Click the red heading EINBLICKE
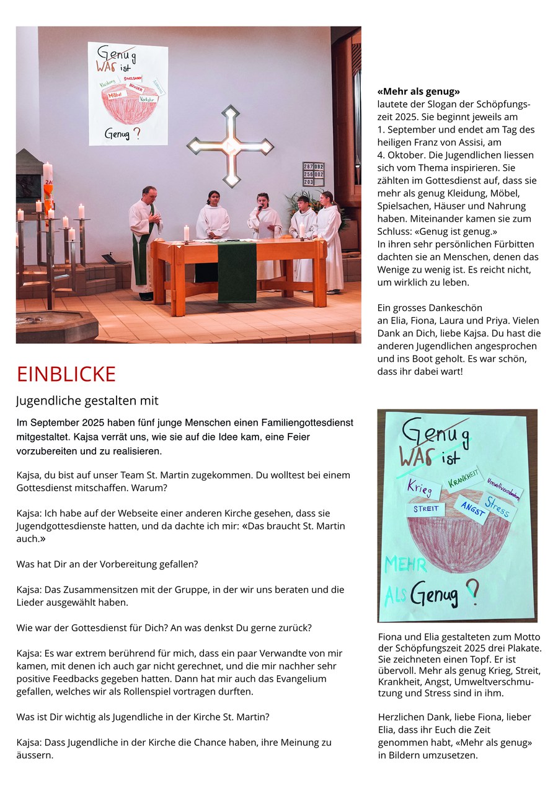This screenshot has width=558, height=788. pyautogui.click(x=66, y=374)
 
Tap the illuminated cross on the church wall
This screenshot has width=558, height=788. pyautogui.click(x=230, y=146)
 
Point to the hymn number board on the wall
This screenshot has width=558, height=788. pyautogui.click(x=313, y=174)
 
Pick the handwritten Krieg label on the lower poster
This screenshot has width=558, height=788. pyautogui.click(x=420, y=487)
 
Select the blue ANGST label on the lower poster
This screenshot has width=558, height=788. pyautogui.click(x=472, y=509)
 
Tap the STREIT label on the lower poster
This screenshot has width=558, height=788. pyautogui.click(x=427, y=509)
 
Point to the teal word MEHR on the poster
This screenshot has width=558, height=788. pyautogui.click(x=405, y=564)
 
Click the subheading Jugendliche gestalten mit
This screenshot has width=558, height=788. pyautogui.click(x=87, y=401)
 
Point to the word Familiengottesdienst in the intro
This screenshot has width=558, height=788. pyautogui.click(x=300, y=422)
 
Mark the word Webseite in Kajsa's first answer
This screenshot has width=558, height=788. pyautogui.click(x=124, y=513)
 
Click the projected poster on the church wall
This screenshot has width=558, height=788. pyautogui.click(x=128, y=93)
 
